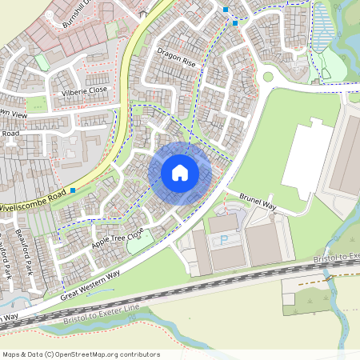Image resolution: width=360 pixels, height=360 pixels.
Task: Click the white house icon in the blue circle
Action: click(180, 173)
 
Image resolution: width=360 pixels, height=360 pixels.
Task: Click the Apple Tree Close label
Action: click(117, 237)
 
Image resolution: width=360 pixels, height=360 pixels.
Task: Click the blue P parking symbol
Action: click(224, 239)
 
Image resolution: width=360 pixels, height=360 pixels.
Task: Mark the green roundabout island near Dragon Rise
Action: click(268, 78)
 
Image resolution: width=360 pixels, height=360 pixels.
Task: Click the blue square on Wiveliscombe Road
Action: click(73, 190)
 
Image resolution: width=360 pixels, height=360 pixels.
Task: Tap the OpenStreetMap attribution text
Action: click(80, 354)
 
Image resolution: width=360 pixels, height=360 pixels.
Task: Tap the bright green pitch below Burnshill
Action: click(113, 30)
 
